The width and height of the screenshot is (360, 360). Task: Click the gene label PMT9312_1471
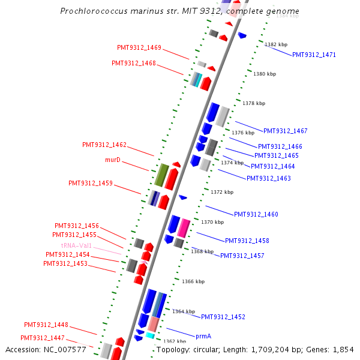point(314,55)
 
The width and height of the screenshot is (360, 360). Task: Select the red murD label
point(113,160)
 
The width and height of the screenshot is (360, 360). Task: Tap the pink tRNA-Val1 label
point(76,245)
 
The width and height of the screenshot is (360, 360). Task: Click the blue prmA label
point(203,337)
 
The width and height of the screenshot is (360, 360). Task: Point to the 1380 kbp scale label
point(264,74)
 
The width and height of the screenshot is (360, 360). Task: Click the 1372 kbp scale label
point(222,192)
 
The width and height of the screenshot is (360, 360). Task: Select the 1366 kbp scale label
point(193,281)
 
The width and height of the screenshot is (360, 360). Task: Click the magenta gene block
point(183,228)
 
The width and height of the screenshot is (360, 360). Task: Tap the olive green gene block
point(161,175)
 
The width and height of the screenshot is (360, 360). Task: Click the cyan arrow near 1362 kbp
point(150,335)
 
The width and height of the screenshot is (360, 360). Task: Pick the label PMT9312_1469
point(139,47)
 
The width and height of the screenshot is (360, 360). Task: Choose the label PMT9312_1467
point(285,131)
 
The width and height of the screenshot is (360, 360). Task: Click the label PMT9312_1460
point(256,214)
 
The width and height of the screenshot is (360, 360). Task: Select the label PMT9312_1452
point(223,317)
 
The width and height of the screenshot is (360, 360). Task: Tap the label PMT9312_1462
point(104,145)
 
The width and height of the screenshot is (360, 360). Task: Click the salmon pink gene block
point(154,324)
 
